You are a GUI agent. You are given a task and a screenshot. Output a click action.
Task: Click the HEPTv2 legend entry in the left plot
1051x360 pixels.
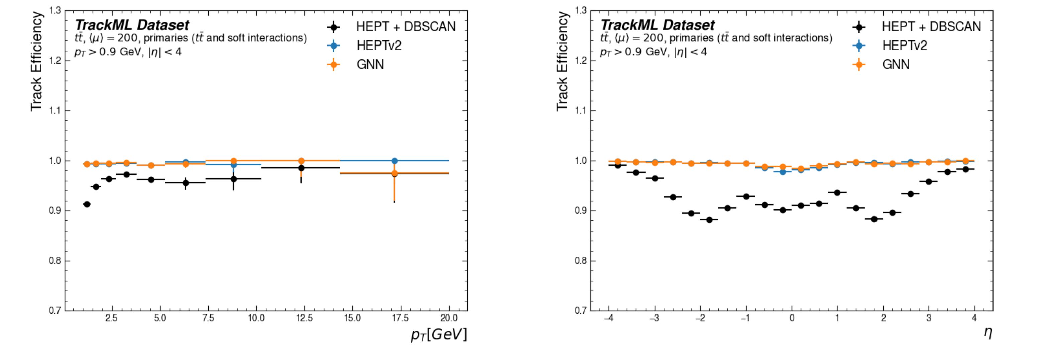[379, 45]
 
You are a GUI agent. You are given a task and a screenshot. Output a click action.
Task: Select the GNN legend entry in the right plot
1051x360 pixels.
[895, 65]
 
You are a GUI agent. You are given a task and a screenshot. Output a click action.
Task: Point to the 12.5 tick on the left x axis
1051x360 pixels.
[304, 318]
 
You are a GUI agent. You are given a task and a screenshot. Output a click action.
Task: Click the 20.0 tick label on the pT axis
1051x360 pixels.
[449, 318]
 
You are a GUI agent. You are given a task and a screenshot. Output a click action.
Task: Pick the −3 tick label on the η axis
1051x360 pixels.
[654, 318]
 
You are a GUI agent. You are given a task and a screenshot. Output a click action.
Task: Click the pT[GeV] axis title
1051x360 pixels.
[439, 334]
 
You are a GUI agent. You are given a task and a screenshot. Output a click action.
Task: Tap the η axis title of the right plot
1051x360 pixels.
[987, 332]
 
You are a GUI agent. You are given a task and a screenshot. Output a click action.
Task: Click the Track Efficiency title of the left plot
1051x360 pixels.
[37, 61]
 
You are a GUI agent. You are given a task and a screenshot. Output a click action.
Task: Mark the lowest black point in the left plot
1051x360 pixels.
[87, 204]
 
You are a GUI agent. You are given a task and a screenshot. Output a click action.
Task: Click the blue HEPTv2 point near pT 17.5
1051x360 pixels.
[394, 161]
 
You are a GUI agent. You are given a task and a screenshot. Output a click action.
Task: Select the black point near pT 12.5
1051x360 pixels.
[301, 168]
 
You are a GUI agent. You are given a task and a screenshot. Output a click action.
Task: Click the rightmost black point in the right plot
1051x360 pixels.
[965, 169]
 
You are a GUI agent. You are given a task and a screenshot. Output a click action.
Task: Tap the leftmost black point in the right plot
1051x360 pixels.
[618, 165]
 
